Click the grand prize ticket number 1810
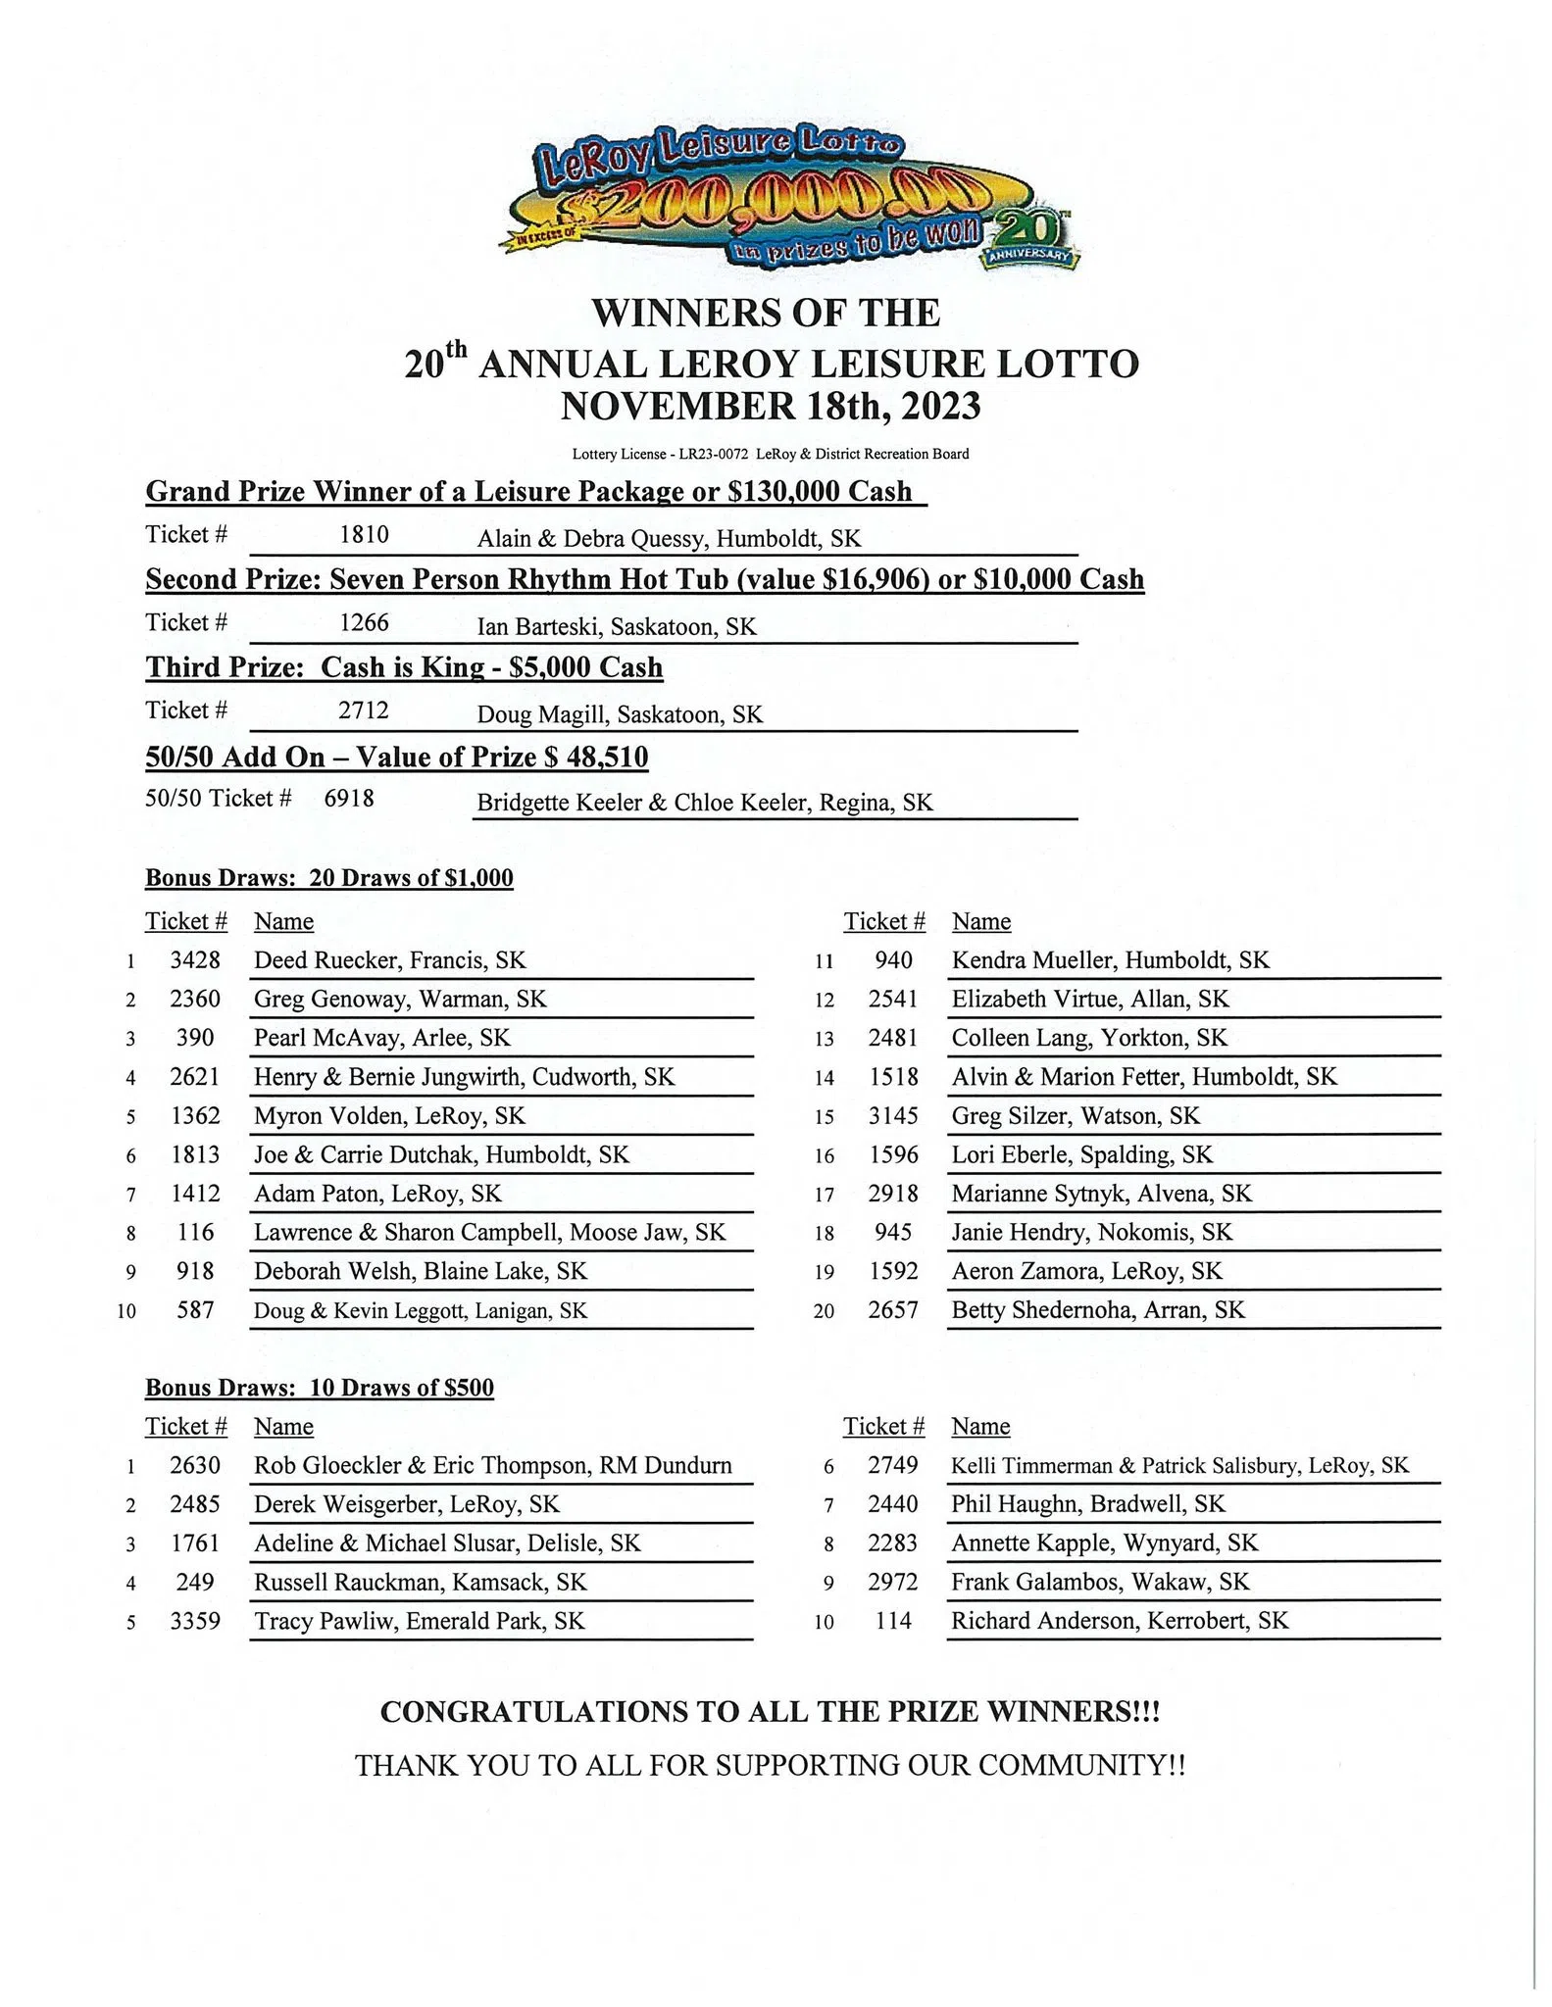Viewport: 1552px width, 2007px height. pos(364,535)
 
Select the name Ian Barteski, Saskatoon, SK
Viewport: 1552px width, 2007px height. pos(617,627)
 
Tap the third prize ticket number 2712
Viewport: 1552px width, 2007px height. pos(364,710)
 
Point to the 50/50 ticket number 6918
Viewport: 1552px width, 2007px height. pos(349,799)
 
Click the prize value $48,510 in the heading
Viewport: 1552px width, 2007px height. pos(599,757)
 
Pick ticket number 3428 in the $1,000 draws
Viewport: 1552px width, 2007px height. pos(195,960)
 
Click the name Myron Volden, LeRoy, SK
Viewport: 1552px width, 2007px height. pos(389,1116)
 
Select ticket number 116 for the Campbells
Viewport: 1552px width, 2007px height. pos(195,1232)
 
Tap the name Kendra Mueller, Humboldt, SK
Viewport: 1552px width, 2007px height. pos(1110,960)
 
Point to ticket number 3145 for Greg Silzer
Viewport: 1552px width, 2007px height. pos(893,1116)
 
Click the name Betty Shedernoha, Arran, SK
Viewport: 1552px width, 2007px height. pos(1098,1310)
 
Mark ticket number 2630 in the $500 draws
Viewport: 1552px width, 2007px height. pos(195,1465)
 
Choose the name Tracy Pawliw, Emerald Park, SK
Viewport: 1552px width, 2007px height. pos(419,1621)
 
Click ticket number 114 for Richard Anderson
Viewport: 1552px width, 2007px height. pos(893,1621)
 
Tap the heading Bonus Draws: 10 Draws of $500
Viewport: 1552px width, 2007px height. pos(320,1388)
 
